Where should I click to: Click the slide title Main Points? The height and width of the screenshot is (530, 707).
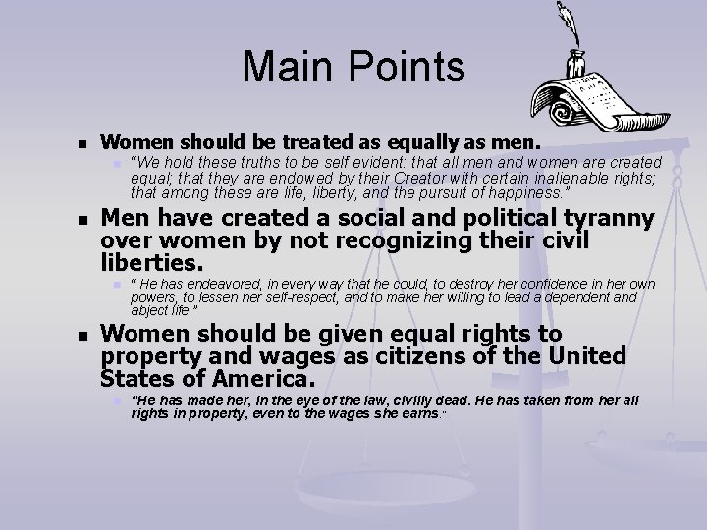(x=353, y=67)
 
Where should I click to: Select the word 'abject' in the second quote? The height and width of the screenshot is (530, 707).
(x=150, y=310)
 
